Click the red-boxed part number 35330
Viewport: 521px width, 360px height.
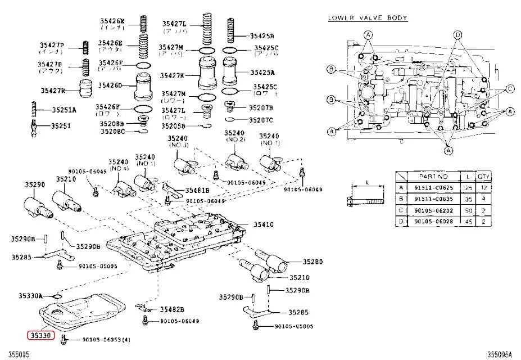(x=39, y=334)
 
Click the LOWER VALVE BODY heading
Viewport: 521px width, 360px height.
(x=368, y=18)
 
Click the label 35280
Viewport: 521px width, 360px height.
(x=312, y=262)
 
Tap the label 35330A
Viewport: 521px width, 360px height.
(x=31, y=295)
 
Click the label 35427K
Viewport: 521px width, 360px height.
(x=173, y=75)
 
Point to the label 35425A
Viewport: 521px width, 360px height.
(x=263, y=73)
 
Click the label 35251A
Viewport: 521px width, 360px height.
(x=64, y=110)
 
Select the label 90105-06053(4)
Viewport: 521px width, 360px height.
(x=106, y=339)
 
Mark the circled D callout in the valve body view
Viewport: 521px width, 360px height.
(x=457, y=35)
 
